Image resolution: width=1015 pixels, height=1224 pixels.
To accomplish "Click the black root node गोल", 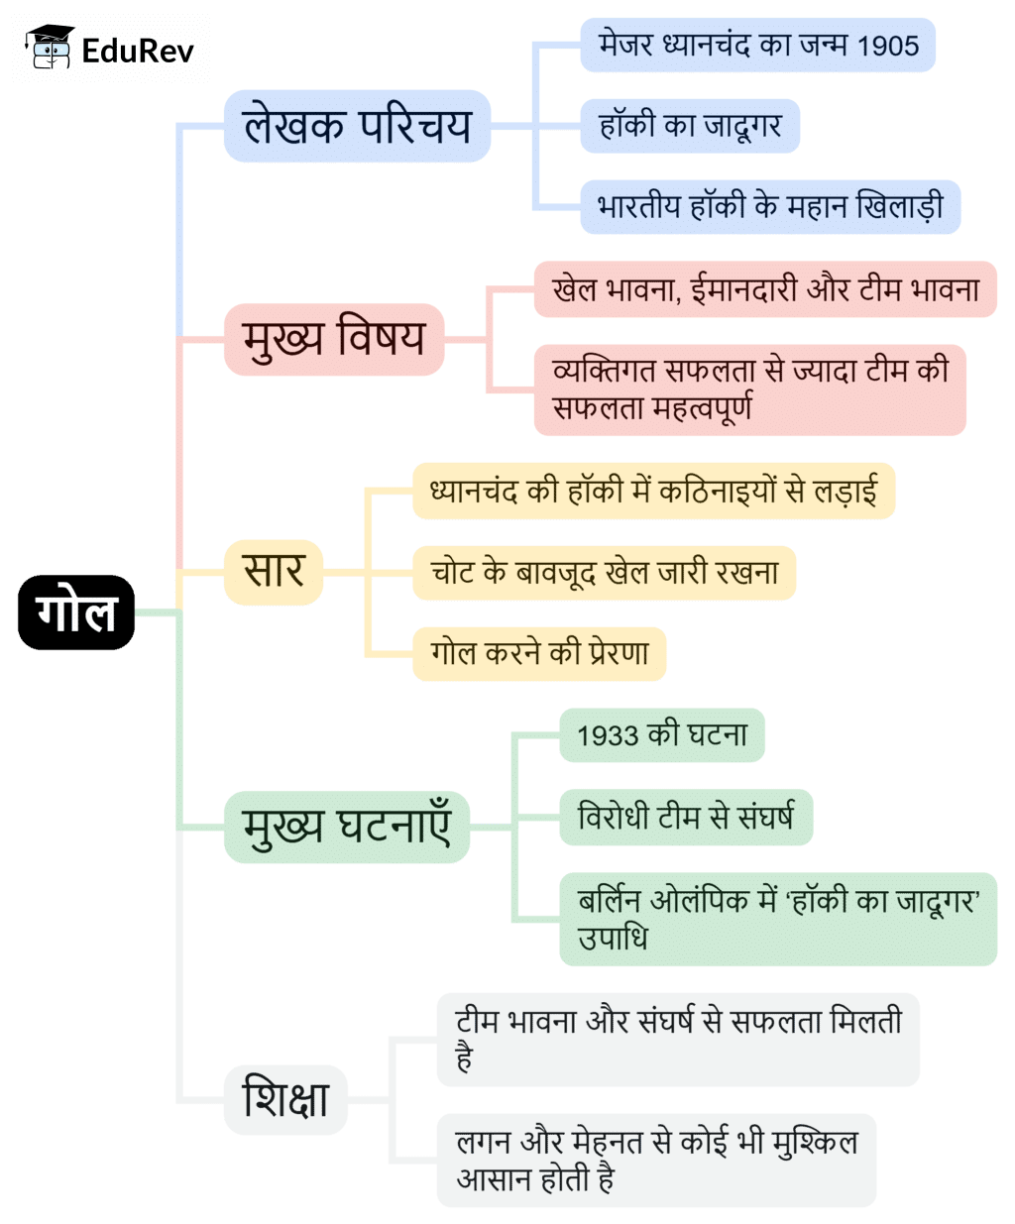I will click(x=76, y=612).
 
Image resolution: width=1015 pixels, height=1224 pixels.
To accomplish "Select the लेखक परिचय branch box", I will click(x=357, y=126).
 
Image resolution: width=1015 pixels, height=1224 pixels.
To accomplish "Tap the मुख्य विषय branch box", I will click(x=334, y=339).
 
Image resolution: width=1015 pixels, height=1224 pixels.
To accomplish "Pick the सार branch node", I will click(x=274, y=572).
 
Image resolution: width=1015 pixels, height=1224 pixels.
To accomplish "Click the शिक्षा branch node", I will click(x=285, y=1099).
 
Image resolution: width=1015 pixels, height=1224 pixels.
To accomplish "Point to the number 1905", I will click(x=888, y=46).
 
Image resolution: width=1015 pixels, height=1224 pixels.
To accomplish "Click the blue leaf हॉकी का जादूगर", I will click(x=690, y=126).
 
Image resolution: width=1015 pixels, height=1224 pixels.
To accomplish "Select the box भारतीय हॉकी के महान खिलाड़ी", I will click(x=770, y=207).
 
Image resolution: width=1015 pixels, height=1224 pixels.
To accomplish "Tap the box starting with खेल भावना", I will click(x=765, y=289).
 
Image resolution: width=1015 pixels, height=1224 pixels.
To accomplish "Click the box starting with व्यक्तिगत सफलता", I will click(x=749, y=389).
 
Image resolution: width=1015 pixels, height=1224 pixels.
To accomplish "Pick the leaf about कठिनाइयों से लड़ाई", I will click(x=653, y=491).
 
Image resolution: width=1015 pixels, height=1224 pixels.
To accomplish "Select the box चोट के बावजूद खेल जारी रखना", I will click(x=604, y=573).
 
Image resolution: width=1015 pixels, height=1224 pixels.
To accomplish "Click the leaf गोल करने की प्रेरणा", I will click(x=539, y=653).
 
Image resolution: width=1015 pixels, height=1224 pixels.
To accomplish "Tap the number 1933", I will click(x=608, y=735).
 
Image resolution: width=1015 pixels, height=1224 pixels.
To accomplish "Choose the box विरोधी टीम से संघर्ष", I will click(x=686, y=818).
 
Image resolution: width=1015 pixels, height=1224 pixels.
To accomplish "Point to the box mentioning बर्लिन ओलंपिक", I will click(x=778, y=919).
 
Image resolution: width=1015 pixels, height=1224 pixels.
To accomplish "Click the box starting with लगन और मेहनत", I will click(x=656, y=1160).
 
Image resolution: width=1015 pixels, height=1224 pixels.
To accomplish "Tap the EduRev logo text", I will click(x=138, y=50).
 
